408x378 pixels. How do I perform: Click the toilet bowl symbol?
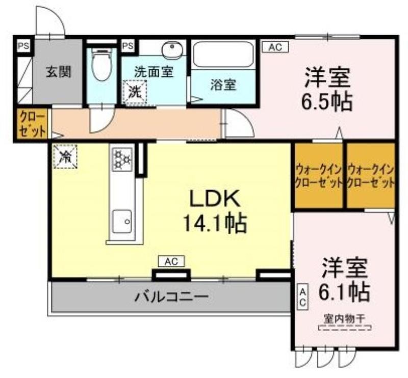(x=101, y=64)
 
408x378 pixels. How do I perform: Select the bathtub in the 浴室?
(x=224, y=54)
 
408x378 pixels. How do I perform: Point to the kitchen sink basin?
(x=122, y=221)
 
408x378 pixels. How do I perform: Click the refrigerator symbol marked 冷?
(x=65, y=156)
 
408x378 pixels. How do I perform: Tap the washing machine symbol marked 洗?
(x=135, y=92)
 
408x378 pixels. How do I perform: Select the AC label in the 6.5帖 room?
(x=275, y=47)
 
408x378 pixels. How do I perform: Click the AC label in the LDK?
(x=172, y=261)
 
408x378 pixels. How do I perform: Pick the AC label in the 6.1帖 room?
(x=303, y=296)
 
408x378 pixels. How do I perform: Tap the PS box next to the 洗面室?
(x=128, y=46)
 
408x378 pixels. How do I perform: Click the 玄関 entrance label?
(x=59, y=72)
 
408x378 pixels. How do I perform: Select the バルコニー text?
(x=171, y=296)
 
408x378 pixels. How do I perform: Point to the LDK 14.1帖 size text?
(x=215, y=211)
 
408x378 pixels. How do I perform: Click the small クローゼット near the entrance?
(x=33, y=124)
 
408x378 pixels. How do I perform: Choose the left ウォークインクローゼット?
(x=318, y=176)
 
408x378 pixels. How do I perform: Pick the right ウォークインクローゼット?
(x=371, y=176)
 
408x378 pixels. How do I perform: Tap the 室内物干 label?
(x=345, y=318)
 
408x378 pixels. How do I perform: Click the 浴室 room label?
(x=223, y=85)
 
